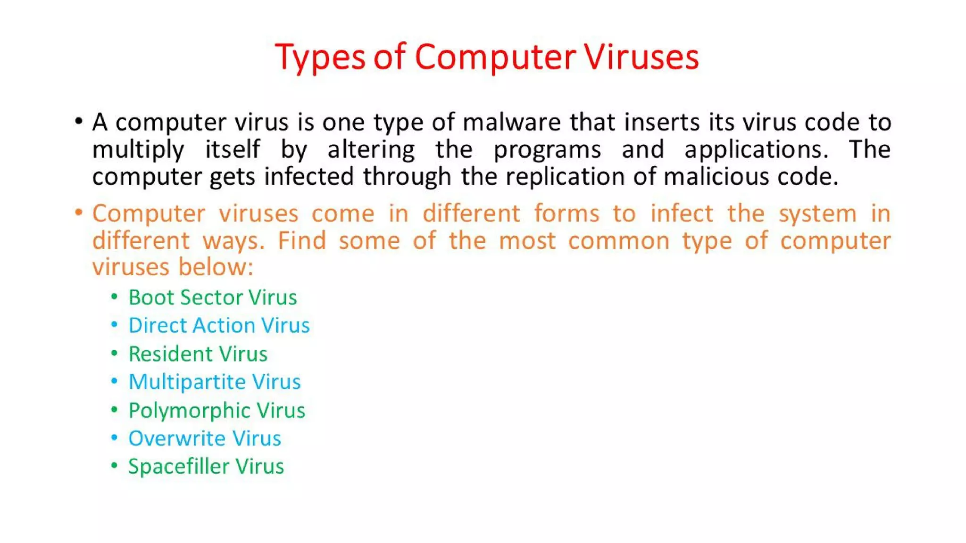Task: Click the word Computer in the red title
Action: (x=495, y=57)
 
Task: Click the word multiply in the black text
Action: (x=138, y=150)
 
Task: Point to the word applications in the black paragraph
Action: (x=756, y=150)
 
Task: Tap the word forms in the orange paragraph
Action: (x=566, y=214)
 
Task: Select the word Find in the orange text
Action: (x=302, y=240)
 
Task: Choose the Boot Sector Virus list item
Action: (x=213, y=297)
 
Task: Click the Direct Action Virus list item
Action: (x=219, y=325)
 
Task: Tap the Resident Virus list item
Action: (x=198, y=354)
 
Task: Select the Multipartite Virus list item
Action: (x=215, y=382)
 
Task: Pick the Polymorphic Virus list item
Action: (x=217, y=411)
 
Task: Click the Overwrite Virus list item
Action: (x=205, y=438)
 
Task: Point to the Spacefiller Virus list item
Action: (x=206, y=467)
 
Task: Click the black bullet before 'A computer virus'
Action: (x=79, y=122)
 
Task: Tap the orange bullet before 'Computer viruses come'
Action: (x=79, y=213)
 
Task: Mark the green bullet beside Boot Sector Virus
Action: (x=114, y=297)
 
